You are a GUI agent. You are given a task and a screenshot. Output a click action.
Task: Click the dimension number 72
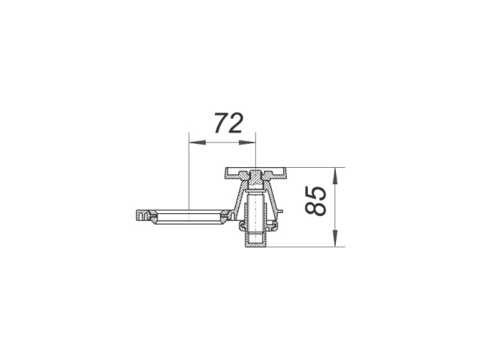[x=229, y=123]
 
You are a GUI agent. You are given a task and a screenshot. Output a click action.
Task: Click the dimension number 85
[x=315, y=201]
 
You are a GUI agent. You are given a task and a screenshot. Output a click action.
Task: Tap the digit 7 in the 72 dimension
[x=221, y=123]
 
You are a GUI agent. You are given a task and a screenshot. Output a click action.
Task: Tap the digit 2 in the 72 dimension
[x=236, y=123]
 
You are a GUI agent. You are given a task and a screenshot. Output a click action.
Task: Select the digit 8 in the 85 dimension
[x=315, y=209]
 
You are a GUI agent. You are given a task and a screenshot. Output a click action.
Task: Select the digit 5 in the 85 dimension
[x=315, y=194]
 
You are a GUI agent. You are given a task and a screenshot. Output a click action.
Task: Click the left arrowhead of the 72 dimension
[x=197, y=143]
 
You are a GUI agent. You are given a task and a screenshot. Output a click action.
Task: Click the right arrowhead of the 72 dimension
[x=247, y=143]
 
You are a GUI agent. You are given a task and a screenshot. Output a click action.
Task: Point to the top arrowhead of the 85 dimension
[x=336, y=176]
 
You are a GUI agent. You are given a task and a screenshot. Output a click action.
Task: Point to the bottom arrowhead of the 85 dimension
[x=336, y=238]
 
